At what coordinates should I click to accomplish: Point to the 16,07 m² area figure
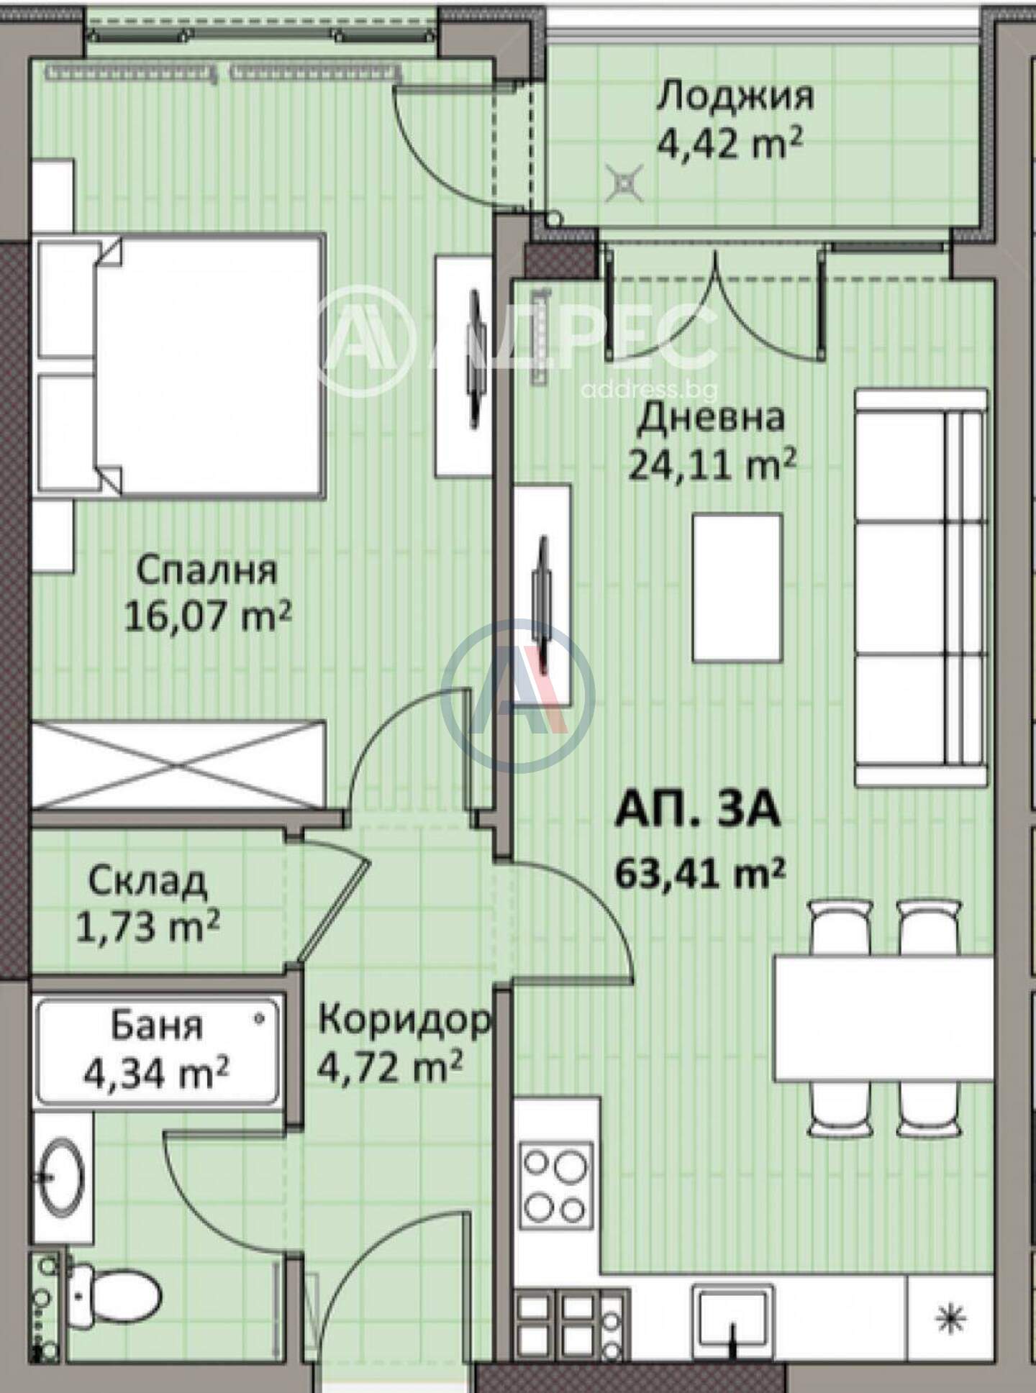click(x=207, y=616)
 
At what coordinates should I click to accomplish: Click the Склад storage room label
click(x=148, y=881)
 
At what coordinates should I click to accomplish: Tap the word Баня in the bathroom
click(x=157, y=1026)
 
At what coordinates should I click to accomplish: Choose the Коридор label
click(x=405, y=1020)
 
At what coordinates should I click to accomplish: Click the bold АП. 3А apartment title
click(x=697, y=810)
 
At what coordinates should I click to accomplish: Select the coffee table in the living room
click(x=737, y=587)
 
